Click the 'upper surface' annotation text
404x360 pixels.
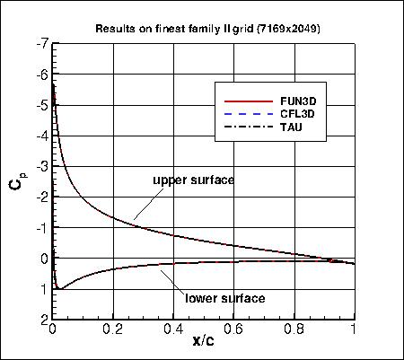point(193,180)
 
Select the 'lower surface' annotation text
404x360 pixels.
point(224,298)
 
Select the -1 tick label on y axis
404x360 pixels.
point(42,228)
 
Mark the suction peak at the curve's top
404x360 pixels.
point(55,85)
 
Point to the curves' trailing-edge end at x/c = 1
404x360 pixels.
point(354,264)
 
